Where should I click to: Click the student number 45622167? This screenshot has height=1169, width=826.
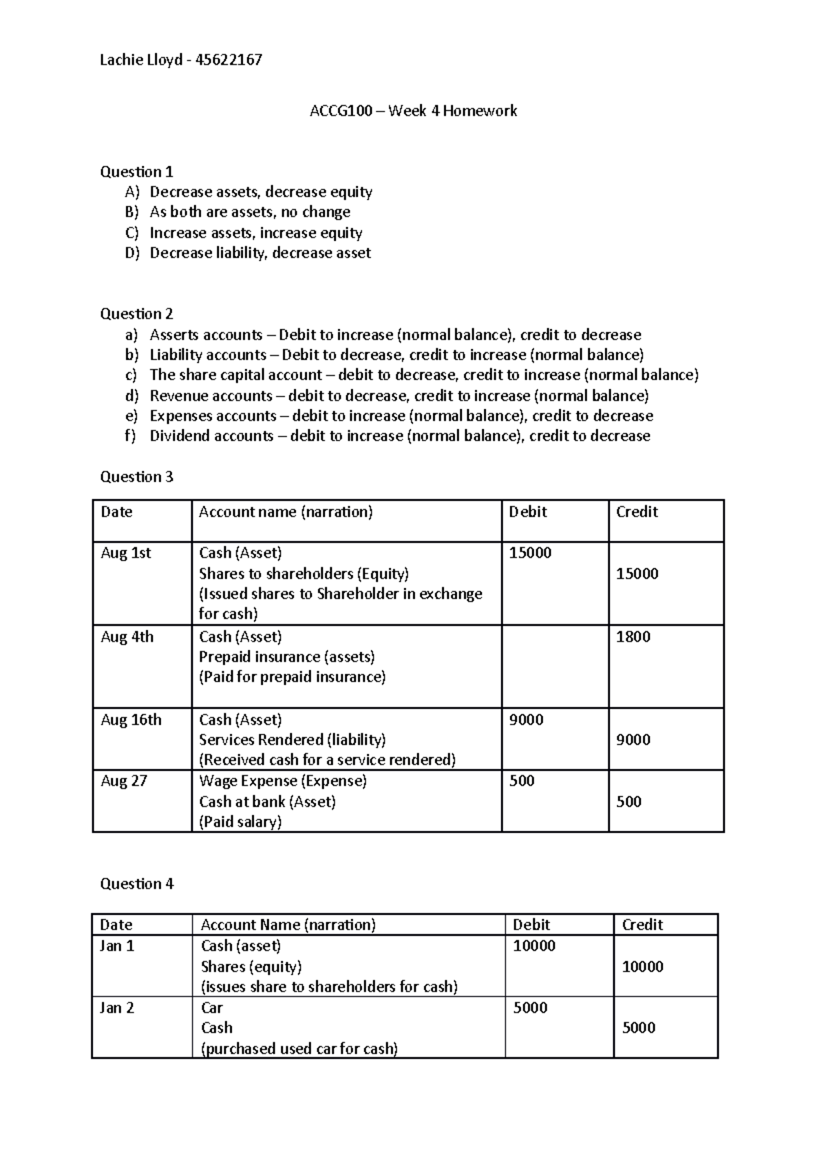229,60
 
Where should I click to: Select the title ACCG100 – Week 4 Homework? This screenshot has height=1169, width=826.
413,111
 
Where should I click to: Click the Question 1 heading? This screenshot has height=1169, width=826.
136,171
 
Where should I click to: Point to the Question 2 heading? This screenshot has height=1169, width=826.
136,314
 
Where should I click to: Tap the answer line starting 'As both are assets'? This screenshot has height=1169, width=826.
250,212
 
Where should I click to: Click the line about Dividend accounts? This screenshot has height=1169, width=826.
399,436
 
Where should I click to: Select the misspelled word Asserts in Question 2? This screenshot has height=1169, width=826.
172,335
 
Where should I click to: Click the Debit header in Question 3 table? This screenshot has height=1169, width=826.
527,512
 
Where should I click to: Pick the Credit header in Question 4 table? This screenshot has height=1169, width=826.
642,925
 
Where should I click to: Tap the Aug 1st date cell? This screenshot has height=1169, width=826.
125,553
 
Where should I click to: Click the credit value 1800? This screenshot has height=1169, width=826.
633,637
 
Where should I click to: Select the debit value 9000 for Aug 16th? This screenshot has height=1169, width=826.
526,719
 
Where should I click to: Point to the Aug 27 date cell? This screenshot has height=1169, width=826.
123,781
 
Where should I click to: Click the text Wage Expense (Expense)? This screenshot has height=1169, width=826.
282,781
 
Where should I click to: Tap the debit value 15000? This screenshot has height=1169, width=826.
529,553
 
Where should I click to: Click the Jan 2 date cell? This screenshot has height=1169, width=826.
116,1008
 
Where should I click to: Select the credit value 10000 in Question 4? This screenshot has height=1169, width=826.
642,967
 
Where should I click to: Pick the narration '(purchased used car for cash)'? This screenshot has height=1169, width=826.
299,1049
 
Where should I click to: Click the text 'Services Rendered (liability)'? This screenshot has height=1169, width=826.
292,740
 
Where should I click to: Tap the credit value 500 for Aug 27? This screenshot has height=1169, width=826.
628,801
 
